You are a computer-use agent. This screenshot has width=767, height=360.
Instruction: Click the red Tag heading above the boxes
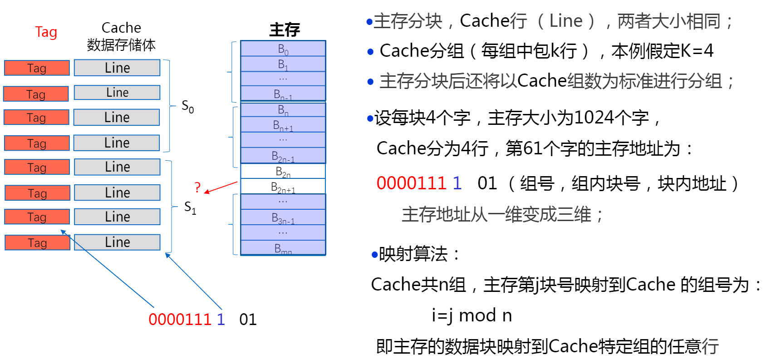point(46,32)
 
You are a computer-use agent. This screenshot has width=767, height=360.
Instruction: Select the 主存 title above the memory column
point(285,30)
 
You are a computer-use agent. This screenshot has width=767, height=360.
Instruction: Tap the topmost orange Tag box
point(37,68)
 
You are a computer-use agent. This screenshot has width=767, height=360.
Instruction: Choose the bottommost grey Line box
point(117,242)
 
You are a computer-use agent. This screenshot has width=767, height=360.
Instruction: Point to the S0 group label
point(187,107)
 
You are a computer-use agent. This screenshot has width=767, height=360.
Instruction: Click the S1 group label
point(190,208)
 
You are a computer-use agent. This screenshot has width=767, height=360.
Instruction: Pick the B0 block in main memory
point(283,49)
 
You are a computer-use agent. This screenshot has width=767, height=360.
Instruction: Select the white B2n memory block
point(283,171)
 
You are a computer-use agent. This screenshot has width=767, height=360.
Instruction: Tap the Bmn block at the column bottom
point(283,248)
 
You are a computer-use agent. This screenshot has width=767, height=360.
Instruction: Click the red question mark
point(197,187)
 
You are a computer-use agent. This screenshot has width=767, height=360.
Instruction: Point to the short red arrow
point(221,187)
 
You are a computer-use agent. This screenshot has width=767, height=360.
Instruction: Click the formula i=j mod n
point(472,315)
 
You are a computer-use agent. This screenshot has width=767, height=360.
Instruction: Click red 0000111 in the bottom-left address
point(180,319)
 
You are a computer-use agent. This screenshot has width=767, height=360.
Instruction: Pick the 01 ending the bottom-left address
point(248,319)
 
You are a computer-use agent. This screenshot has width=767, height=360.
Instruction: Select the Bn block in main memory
point(283,110)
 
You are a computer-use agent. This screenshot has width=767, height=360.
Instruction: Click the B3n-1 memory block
point(283,218)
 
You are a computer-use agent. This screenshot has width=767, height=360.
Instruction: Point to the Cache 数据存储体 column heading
point(121,36)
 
